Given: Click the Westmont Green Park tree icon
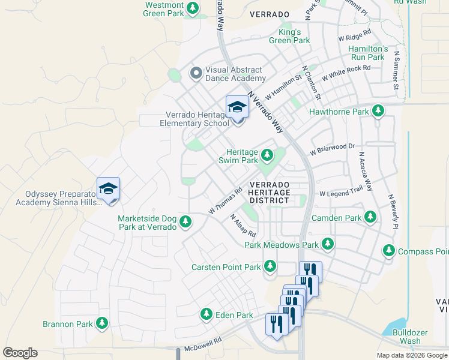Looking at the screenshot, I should [x=193, y=8].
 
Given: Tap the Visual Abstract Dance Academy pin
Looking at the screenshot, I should [x=195, y=73].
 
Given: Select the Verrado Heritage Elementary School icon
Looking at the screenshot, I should [x=237, y=108].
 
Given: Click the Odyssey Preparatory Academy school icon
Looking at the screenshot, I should [x=108, y=189].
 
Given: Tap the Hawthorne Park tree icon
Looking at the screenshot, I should [x=378, y=111].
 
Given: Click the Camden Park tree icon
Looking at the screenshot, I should [x=370, y=217].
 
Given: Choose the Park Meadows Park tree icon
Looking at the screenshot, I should [x=327, y=244].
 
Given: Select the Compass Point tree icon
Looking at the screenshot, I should [x=389, y=251].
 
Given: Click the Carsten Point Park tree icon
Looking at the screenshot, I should [x=270, y=266].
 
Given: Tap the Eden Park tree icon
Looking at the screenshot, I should [x=206, y=314].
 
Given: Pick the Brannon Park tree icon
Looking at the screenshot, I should [x=102, y=323].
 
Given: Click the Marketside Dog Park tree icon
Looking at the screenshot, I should [x=186, y=222].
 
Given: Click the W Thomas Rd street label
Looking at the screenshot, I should [x=225, y=200].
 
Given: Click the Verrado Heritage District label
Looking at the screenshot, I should [x=269, y=192].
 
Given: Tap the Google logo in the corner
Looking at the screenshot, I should [x=20, y=353].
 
